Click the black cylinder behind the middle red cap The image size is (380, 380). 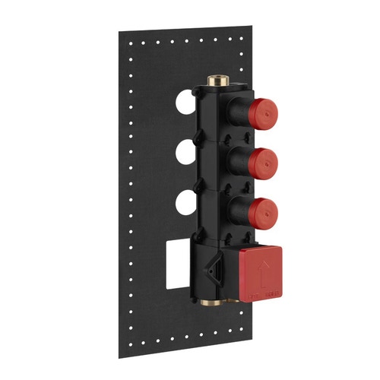237,161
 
